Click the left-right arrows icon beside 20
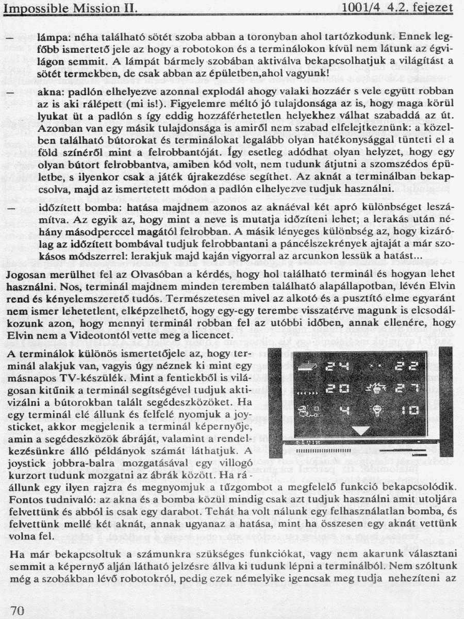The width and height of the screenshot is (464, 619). (305, 390)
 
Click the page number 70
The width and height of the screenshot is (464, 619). (18, 611)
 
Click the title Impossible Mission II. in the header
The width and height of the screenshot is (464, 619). (70, 8)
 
